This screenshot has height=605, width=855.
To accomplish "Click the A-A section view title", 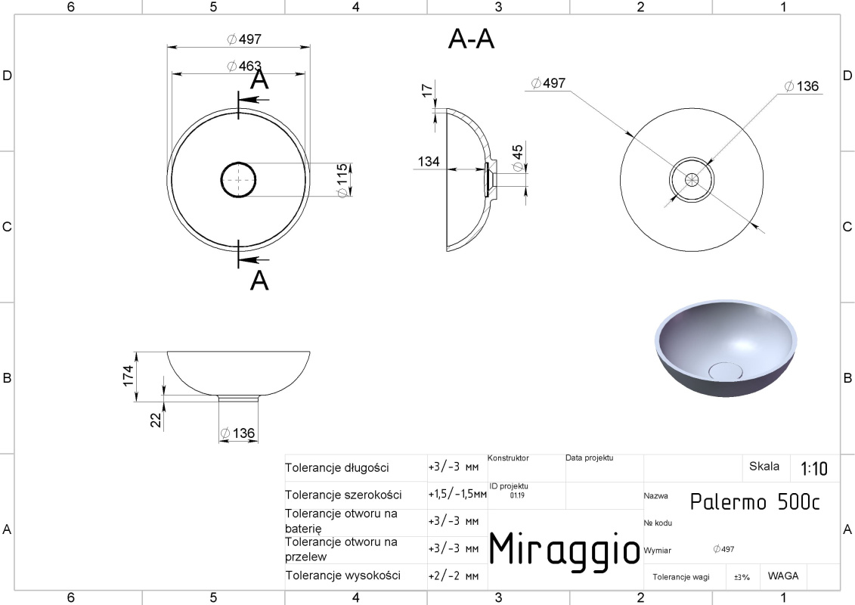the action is pyautogui.click(x=471, y=39).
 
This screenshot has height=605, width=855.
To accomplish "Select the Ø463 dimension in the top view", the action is pyautogui.click(x=243, y=66).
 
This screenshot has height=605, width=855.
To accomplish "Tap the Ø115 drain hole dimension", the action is pyautogui.click(x=342, y=181).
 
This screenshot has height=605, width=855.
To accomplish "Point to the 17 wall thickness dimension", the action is pyautogui.click(x=427, y=90).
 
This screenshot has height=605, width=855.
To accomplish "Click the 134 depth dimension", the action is pyautogui.click(x=429, y=162).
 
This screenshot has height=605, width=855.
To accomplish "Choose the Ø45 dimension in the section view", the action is pyautogui.click(x=518, y=157).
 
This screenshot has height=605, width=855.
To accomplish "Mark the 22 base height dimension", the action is pyautogui.click(x=156, y=420).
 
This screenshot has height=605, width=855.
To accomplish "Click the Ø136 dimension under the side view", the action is pyautogui.click(x=237, y=433).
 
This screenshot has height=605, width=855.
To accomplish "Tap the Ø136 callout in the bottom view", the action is pyautogui.click(x=801, y=86).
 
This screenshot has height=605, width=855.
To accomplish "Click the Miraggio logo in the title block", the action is pyautogui.click(x=565, y=548).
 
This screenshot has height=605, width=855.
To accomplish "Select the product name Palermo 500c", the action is pyautogui.click(x=755, y=501).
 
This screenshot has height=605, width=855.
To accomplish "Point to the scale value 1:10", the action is pyautogui.click(x=813, y=468).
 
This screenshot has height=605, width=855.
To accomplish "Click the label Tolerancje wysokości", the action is pyautogui.click(x=343, y=576).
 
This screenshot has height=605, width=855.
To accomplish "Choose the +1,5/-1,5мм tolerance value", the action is pyautogui.click(x=457, y=495).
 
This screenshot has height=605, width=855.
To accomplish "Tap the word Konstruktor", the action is pyautogui.click(x=508, y=458).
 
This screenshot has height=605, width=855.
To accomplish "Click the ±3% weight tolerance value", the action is pyautogui.click(x=742, y=577).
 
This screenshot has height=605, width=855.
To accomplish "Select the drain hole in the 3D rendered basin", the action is pyautogui.click(x=725, y=371).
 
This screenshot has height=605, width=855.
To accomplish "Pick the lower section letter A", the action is pyautogui.click(x=259, y=281).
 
